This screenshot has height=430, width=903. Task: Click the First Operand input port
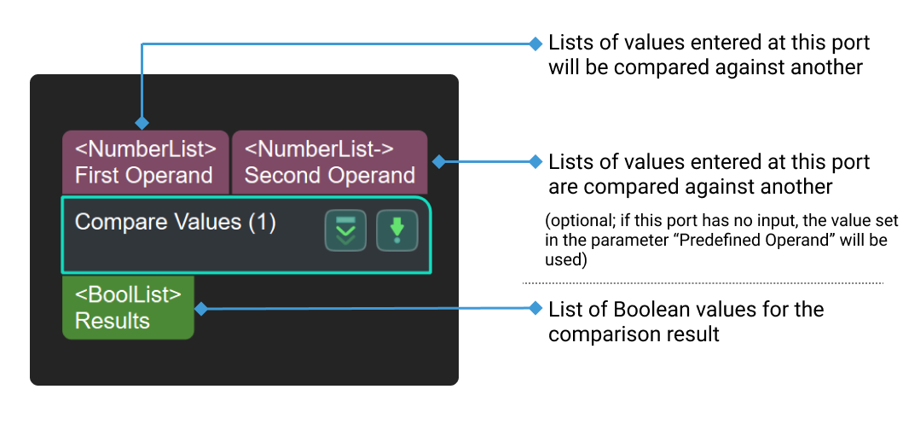(x=145, y=162)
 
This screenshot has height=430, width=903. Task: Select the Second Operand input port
(x=329, y=162)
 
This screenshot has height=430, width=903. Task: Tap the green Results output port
(x=128, y=308)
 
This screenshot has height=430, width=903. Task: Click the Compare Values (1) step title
(x=175, y=223)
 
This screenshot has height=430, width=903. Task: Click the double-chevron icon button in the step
(x=345, y=230)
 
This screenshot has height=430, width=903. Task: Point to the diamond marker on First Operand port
(x=142, y=123)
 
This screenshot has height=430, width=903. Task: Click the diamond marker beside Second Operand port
(x=438, y=161)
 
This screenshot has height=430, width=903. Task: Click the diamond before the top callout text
(x=535, y=43)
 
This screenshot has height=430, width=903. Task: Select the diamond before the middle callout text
(x=535, y=161)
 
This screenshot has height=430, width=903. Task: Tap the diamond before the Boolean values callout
(x=535, y=308)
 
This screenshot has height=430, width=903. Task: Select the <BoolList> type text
(x=128, y=295)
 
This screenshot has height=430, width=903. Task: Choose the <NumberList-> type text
(x=319, y=149)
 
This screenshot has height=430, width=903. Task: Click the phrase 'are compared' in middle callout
(x=601, y=185)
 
